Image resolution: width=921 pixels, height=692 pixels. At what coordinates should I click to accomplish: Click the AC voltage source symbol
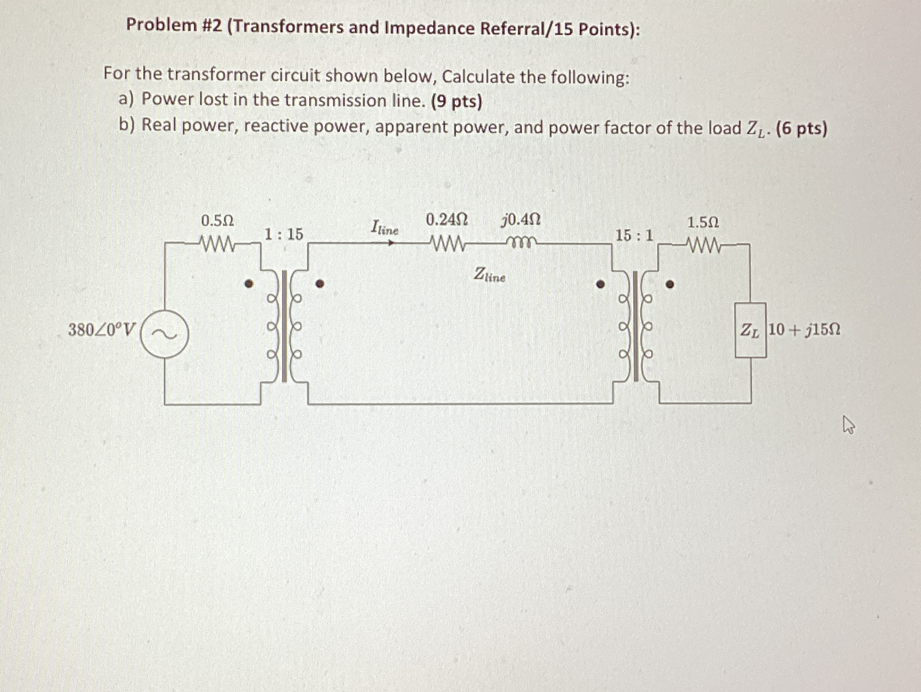(x=165, y=335)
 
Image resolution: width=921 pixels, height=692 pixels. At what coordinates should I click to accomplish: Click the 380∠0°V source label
(x=102, y=330)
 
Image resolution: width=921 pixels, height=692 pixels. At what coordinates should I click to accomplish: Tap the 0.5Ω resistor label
(x=217, y=220)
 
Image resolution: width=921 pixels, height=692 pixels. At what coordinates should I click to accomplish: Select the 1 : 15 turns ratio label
(x=284, y=234)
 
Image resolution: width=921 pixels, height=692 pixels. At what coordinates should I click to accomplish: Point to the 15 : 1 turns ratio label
(x=634, y=235)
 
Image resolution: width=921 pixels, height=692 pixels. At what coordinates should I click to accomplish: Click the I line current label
(x=385, y=227)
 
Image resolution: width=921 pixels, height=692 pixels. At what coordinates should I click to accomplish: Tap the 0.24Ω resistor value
(x=447, y=219)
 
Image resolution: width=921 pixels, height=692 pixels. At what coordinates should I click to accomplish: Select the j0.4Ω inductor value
(x=521, y=219)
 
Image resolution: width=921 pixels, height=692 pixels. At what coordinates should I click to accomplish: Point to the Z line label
(x=489, y=275)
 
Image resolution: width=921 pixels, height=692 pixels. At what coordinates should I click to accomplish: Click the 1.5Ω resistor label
(x=703, y=222)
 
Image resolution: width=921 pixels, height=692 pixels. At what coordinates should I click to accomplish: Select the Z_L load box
(x=750, y=330)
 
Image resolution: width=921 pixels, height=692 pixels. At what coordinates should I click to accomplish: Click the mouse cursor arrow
(x=848, y=424)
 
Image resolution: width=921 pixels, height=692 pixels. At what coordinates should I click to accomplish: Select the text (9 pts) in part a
(x=456, y=102)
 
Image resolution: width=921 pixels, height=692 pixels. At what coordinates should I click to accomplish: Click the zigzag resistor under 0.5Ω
(x=218, y=244)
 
